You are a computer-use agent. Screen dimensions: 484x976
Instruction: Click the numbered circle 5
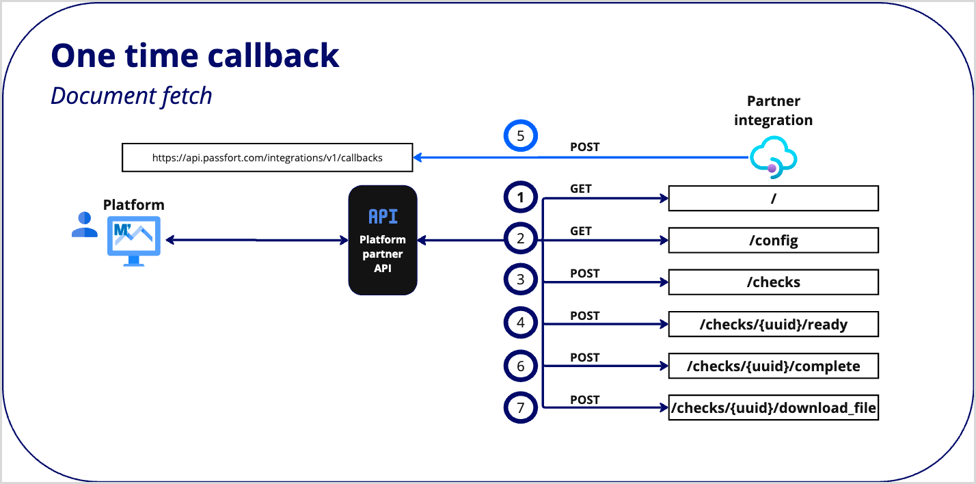(521, 136)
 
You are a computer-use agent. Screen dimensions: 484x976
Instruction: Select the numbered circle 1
(521, 198)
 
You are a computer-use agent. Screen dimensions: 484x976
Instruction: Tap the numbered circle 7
(521, 408)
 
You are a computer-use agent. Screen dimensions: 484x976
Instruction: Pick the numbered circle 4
(521, 323)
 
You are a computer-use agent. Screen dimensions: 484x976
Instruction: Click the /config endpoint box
(773, 241)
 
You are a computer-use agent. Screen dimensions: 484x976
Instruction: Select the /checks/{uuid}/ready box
(773, 325)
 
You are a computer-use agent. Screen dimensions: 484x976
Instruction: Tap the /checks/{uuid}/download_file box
(773, 409)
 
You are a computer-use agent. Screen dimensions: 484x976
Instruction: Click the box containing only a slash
(773, 198)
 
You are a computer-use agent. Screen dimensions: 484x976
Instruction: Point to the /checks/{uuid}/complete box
(773, 366)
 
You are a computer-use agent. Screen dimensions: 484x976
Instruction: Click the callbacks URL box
(267, 157)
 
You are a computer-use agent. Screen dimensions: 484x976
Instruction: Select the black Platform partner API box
(383, 240)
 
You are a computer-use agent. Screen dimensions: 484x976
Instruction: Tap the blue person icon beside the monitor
(84, 225)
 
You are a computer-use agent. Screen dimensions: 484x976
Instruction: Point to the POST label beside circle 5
(585, 147)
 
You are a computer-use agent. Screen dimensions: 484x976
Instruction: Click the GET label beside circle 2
(581, 231)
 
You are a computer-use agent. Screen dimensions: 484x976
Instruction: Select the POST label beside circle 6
(585, 358)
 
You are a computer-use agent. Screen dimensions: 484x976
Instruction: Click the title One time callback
(195, 55)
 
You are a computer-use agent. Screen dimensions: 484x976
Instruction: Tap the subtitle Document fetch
(131, 95)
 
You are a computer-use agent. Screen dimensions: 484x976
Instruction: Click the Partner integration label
(773, 111)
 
